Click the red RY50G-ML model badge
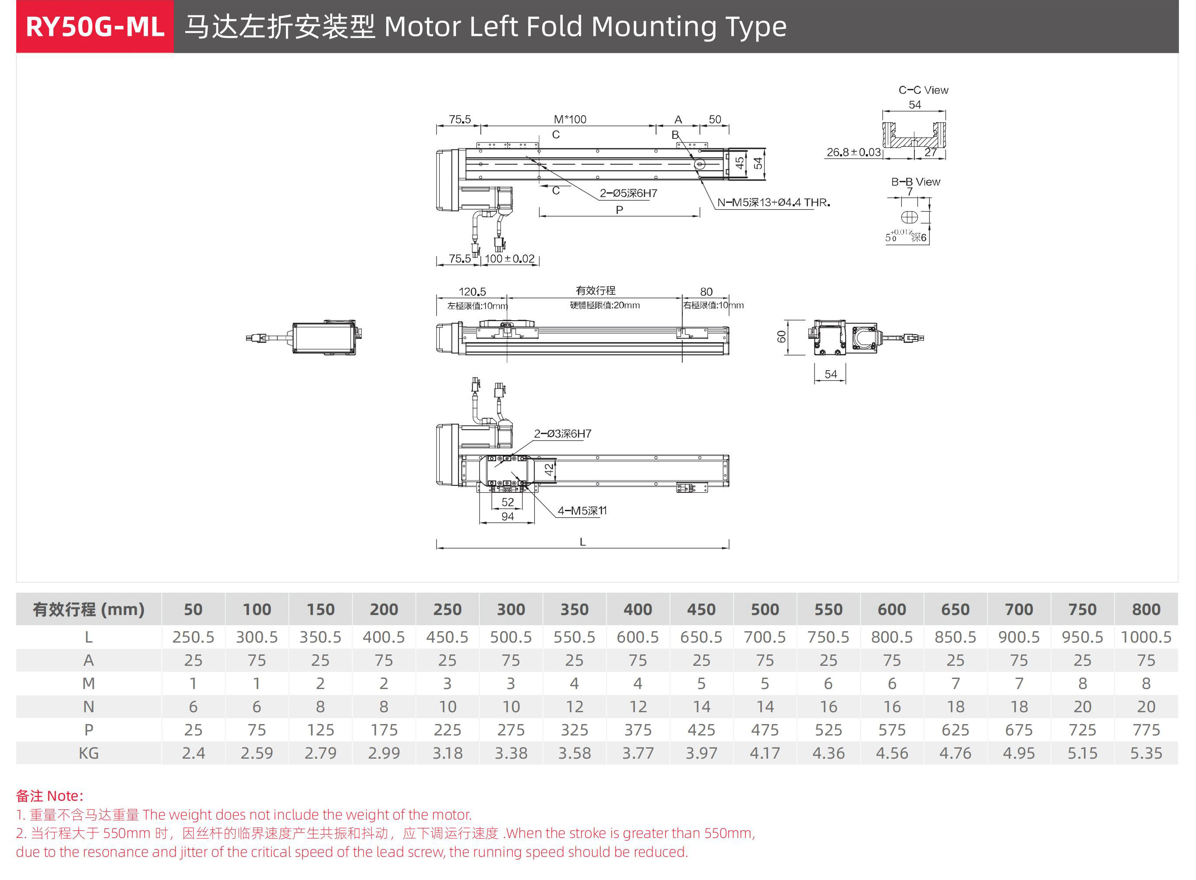95,27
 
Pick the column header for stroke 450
701,609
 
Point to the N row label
88,707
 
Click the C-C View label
923,90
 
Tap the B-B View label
915,182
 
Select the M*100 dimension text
570,119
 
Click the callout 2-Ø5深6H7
628,193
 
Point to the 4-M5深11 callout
582,510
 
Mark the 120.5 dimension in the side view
472,291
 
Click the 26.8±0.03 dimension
853,152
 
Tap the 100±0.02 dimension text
509,258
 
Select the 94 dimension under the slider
508,516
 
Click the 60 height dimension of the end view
781,337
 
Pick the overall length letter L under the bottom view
582,542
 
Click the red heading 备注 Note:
49,795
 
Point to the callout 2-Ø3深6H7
562,434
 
